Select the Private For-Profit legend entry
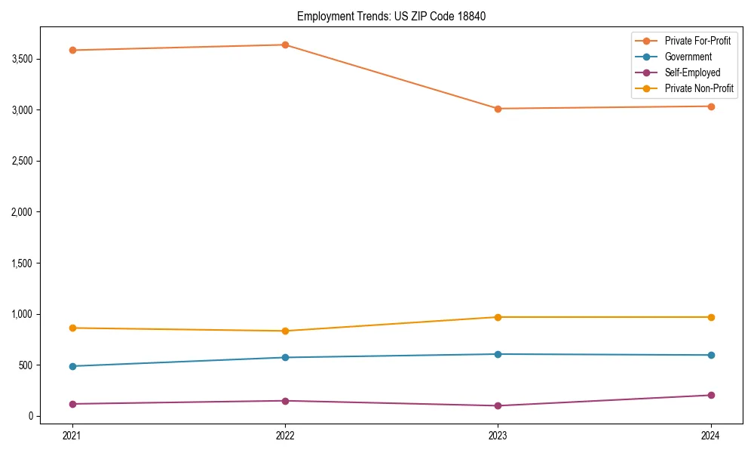tap(697, 41)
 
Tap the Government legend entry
tap(688, 57)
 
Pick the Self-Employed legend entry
tap(692, 72)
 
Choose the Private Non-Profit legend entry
tap(699, 88)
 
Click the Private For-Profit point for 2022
tap(285, 45)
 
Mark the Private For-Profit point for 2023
tap(498, 109)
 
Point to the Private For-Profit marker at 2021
tap(72, 50)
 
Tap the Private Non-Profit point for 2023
tap(498, 317)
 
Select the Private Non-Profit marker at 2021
tap(72, 328)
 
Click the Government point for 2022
tap(285, 357)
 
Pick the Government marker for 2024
tap(711, 355)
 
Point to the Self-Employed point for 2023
tap(498, 405)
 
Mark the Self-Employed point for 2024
tap(711, 395)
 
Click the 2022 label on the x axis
tap(285, 435)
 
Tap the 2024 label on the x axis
tap(711, 435)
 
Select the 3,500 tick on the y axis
tap(21, 59)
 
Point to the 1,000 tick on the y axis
tap(21, 314)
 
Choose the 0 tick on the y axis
tap(31, 416)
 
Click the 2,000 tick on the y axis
tap(21, 212)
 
